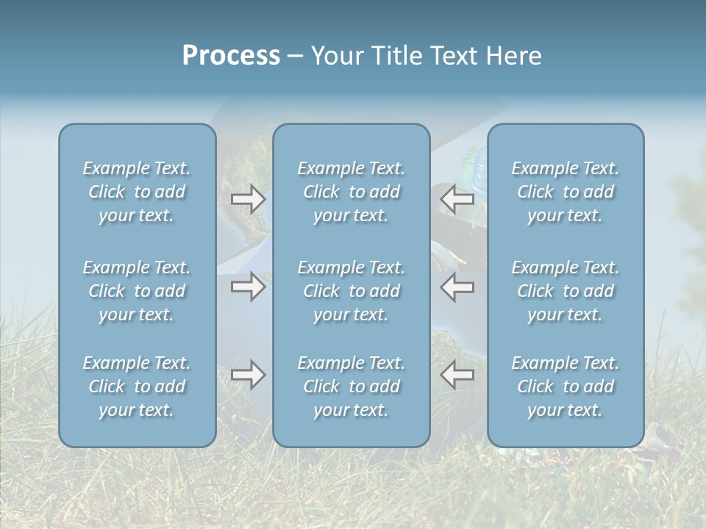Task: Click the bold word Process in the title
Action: (231, 56)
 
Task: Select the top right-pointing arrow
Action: (248, 198)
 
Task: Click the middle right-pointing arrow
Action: (248, 286)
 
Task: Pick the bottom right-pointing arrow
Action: (248, 375)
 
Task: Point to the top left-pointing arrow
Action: (457, 198)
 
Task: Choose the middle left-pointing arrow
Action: (457, 286)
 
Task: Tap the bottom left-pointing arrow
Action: (457, 375)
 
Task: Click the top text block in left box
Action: (137, 192)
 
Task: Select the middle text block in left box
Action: (137, 291)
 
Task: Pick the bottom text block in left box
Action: (137, 386)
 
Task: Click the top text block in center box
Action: (352, 192)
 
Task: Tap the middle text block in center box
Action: (352, 291)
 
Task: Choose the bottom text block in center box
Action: (352, 386)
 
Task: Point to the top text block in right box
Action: (566, 192)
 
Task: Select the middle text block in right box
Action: (566, 291)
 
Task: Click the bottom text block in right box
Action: (566, 386)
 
